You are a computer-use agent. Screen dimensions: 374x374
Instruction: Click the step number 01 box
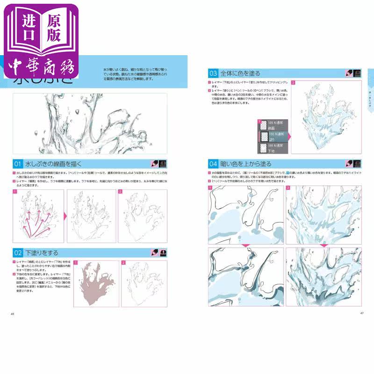17,164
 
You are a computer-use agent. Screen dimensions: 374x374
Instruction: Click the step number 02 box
17,252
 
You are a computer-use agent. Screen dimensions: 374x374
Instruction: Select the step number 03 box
213,73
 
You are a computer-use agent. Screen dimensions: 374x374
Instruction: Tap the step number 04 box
213,164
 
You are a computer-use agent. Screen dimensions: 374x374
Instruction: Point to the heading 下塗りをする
42,252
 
